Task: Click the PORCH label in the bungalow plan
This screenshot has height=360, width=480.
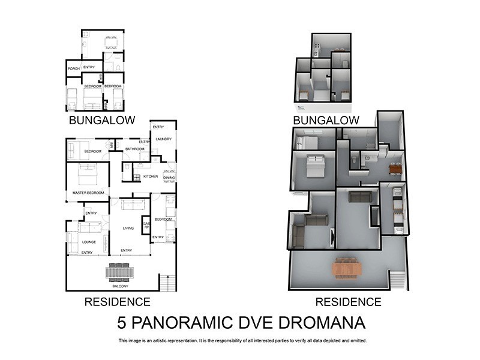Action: coord(74,68)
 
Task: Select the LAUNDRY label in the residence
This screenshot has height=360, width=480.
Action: coord(163,139)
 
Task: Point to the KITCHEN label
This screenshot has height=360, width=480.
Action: coord(150,176)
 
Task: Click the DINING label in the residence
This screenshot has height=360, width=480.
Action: coord(169,178)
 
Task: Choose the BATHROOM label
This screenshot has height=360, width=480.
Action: coord(135,149)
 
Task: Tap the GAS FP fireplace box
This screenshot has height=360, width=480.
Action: coord(146,226)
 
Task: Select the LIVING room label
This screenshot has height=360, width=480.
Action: coord(128,229)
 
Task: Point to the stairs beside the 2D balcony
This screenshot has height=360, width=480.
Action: coord(168,281)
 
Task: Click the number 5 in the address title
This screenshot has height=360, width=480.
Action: coord(121,323)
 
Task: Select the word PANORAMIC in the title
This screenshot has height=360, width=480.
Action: coord(184,323)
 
